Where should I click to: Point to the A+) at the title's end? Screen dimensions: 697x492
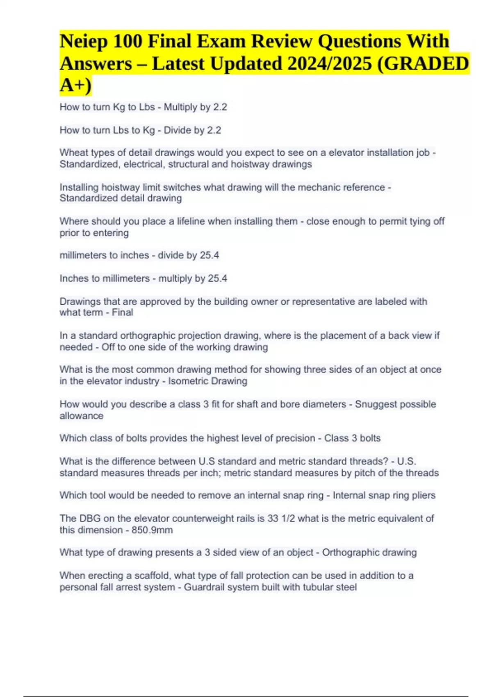(76, 86)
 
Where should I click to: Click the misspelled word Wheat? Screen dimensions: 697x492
(72, 153)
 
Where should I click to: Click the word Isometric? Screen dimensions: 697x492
(187, 381)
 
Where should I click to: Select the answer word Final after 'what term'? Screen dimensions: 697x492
(123, 312)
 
